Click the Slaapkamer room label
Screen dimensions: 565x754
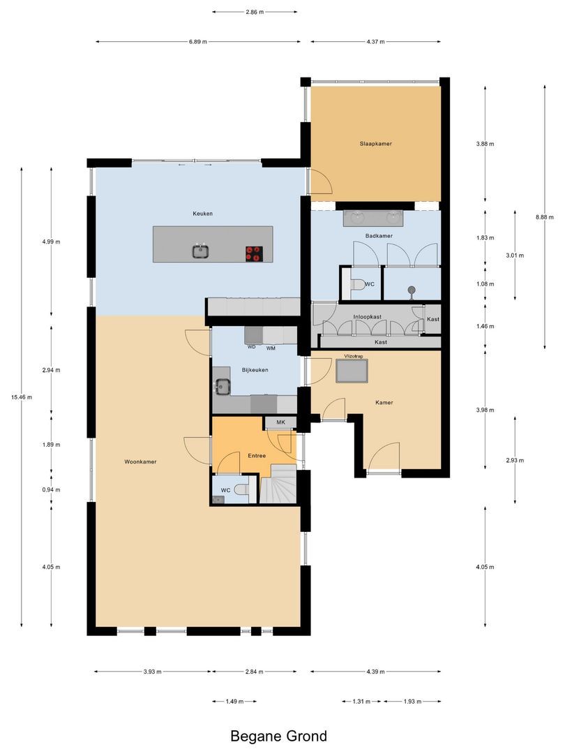tap(376, 143)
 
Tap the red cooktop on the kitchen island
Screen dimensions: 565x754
tap(254, 253)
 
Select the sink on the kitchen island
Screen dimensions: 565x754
tap(200, 251)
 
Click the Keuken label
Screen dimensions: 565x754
tap(203, 214)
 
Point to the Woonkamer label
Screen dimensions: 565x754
tap(140, 461)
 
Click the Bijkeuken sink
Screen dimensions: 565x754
tap(222, 385)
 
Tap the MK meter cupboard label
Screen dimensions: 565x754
tap(280, 422)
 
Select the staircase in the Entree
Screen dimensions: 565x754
tap(278, 484)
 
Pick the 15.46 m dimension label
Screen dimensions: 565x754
tap(22, 397)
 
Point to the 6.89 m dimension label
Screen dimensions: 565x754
tap(198, 42)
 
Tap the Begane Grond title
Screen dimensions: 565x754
tap(278, 736)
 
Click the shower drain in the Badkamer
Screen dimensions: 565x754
tap(412, 290)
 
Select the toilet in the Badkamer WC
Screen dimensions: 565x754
tap(357, 285)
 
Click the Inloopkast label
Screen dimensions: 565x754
tap(368, 317)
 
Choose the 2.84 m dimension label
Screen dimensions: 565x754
tap(254, 672)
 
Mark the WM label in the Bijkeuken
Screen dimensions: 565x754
tap(271, 348)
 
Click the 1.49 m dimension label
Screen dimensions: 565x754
tap(234, 702)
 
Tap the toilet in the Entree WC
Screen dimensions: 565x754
tap(243, 489)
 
